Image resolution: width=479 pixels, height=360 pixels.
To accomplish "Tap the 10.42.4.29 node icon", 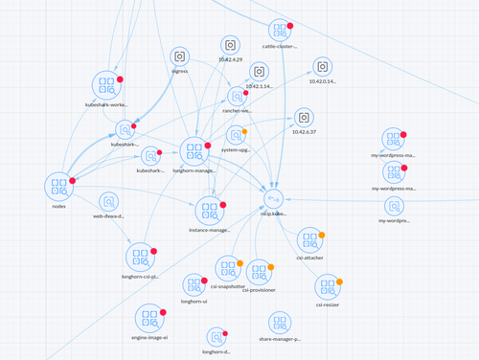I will click(230, 45).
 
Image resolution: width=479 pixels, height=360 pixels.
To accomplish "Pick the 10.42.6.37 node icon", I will click(303, 118).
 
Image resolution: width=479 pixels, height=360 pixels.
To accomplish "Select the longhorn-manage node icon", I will click(194, 150).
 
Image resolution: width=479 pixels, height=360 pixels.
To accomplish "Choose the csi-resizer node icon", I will click(328, 285).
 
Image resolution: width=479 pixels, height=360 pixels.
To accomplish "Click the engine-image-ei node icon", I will click(148, 317).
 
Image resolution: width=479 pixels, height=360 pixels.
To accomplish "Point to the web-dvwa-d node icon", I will click(108, 202).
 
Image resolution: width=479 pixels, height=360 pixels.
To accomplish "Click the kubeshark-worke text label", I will click(105, 105).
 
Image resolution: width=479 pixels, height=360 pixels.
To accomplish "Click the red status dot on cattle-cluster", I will click(290, 26).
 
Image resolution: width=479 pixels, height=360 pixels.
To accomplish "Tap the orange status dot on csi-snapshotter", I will click(239, 263).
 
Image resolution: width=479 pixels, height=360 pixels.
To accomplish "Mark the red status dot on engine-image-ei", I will click(163, 312).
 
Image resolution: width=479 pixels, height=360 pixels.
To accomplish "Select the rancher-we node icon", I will click(238, 96).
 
